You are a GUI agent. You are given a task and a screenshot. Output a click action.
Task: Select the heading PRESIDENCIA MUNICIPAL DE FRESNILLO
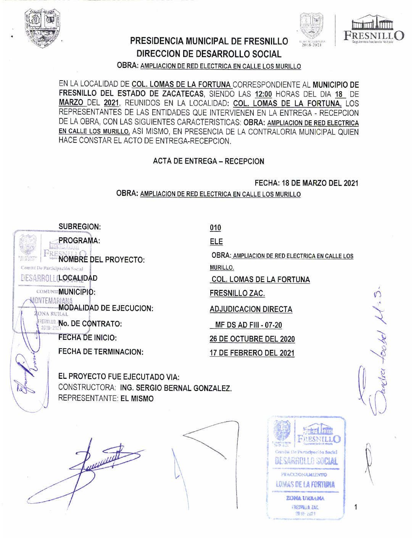(209, 41)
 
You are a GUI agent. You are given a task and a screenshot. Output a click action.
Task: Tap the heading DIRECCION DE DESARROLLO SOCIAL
(209, 54)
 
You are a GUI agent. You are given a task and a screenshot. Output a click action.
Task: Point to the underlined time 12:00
(263, 94)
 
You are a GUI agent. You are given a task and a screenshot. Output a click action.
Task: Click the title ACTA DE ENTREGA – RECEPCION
(208, 161)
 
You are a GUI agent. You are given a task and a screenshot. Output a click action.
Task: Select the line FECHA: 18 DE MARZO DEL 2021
(306, 183)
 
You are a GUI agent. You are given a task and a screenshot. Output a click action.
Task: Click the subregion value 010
(215, 228)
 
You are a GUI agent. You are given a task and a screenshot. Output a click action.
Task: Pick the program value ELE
(216, 242)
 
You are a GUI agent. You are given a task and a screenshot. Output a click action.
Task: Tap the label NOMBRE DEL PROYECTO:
(101, 260)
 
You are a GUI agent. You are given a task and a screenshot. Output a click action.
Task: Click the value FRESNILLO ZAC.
(237, 293)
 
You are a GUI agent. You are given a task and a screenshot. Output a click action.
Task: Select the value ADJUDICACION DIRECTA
(251, 309)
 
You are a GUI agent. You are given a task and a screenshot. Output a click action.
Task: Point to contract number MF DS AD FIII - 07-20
(248, 325)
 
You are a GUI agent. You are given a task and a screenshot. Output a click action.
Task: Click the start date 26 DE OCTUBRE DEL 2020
(252, 339)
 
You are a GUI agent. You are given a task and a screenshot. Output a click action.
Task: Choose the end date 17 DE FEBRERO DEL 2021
(252, 353)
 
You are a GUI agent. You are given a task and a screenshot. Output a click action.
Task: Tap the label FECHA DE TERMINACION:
(101, 352)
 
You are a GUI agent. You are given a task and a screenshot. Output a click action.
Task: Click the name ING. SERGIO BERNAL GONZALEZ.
(176, 388)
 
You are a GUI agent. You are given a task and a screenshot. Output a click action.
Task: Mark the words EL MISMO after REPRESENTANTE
(137, 399)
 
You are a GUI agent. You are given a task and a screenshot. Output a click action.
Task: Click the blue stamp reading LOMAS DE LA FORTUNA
(306, 468)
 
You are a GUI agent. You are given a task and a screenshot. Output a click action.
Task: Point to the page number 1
(356, 507)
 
